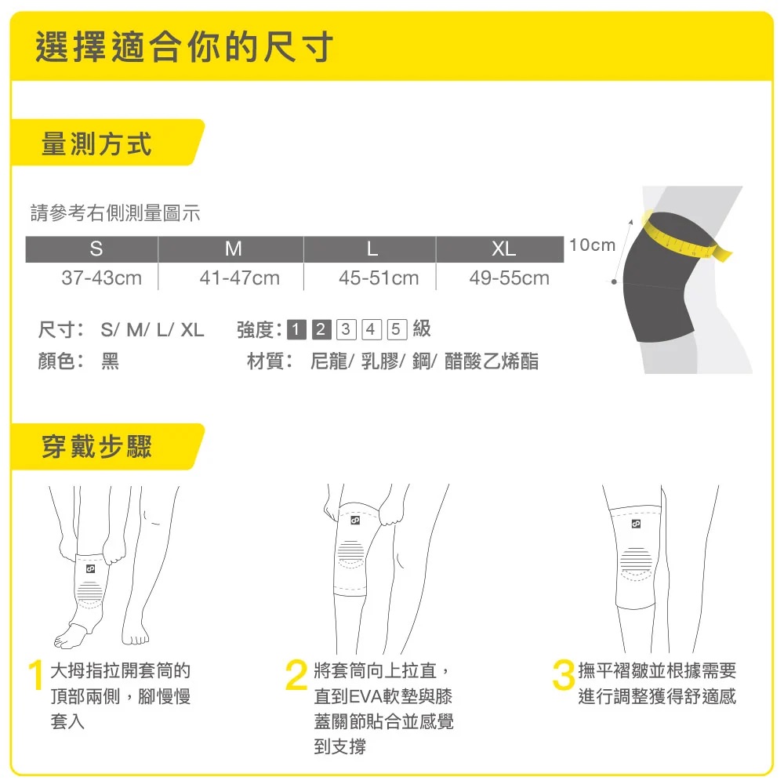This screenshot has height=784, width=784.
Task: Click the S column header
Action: [x=96, y=249]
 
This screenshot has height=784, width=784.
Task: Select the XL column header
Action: [x=503, y=249]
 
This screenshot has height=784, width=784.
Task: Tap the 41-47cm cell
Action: [x=239, y=278]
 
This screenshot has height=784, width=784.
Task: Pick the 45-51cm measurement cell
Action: [x=379, y=278]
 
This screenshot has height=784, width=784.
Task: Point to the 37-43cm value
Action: [x=101, y=278]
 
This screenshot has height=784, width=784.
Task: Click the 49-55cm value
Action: [x=509, y=278]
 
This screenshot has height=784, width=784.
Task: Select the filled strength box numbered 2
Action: [x=321, y=329]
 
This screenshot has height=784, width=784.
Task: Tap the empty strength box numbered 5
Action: [x=397, y=329]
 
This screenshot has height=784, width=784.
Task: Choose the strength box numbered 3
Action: [x=346, y=329]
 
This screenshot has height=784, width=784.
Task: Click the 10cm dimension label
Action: [x=592, y=245]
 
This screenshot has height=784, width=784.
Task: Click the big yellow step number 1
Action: [x=35, y=675]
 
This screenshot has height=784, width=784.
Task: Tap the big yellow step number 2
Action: [x=296, y=675]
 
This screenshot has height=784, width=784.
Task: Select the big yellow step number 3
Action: [x=564, y=675]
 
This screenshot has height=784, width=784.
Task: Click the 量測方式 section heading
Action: [x=96, y=144]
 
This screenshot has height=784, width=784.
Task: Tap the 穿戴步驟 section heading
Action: [x=96, y=446]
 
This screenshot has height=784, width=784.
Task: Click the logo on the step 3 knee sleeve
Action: [x=636, y=524]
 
